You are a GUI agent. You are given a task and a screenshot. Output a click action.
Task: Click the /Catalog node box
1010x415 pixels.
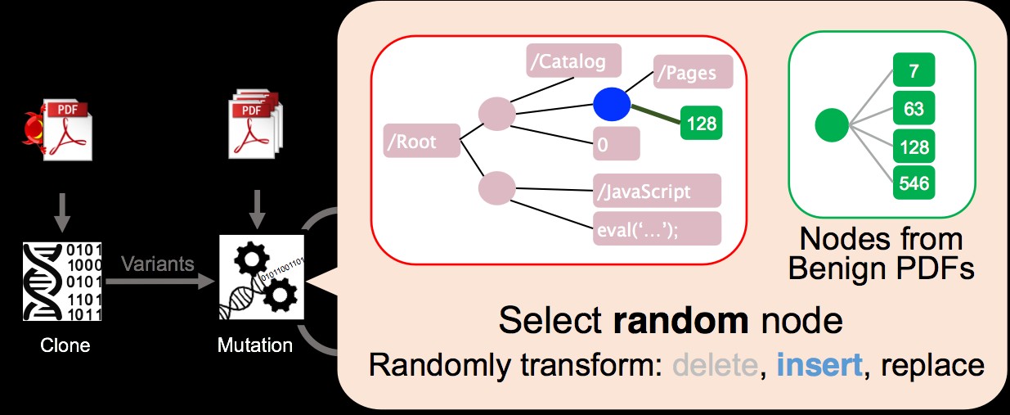point(573,61)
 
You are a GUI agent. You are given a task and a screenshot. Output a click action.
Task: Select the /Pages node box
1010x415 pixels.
point(693,72)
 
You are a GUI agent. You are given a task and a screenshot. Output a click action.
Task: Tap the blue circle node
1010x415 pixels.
point(612,105)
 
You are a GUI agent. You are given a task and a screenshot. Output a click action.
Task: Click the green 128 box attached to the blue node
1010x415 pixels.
point(701,124)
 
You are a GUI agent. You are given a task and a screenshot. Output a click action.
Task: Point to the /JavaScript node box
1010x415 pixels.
point(658,191)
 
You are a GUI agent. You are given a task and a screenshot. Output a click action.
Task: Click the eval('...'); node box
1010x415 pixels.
point(658,228)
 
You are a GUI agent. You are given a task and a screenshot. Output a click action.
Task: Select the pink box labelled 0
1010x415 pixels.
point(616,145)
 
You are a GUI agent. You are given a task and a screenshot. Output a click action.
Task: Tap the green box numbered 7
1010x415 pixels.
point(913,70)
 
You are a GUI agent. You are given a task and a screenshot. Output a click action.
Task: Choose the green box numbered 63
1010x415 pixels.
point(913,109)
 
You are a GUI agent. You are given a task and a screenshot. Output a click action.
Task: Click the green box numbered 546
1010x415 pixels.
point(913,183)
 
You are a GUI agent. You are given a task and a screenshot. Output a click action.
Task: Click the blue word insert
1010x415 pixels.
point(819,363)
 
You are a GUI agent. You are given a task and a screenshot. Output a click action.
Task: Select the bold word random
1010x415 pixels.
point(680,321)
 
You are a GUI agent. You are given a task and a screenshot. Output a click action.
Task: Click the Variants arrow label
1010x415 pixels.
point(157,264)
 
